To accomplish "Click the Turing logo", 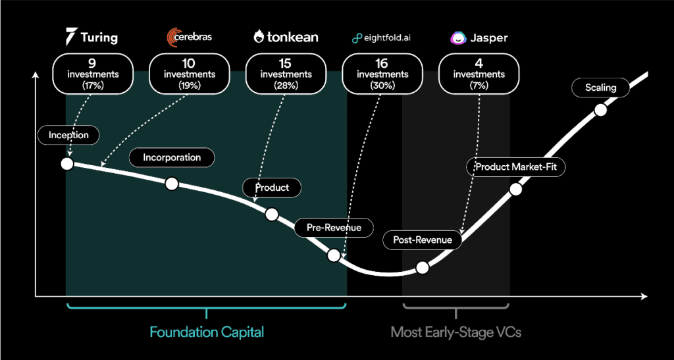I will (x=92, y=37).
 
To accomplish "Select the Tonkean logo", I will (x=286, y=37).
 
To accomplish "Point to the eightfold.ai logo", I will (x=382, y=38).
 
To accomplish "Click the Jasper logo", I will (x=479, y=38).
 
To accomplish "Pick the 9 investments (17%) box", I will (x=92, y=74).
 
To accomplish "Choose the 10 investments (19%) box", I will (x=189, y=74).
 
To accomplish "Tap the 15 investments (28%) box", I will (x=286, y=74).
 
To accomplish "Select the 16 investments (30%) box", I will (x=382, y=74).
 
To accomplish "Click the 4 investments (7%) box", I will (x=479, y=74).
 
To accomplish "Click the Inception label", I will (x=68, y=136).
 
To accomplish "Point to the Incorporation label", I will (x=172, y=158).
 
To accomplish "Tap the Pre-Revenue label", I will (x=334, y=228).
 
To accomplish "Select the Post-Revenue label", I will (x=423, y=240).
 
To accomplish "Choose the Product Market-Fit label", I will (x=516, y=167).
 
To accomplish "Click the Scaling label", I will (x=600, y=88).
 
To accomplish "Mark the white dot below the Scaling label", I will (x=600, y=110).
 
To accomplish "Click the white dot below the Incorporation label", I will (x=172, y=184).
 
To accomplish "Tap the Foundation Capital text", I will (x=207, y=332).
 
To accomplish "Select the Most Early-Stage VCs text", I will (x=455, y=332).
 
